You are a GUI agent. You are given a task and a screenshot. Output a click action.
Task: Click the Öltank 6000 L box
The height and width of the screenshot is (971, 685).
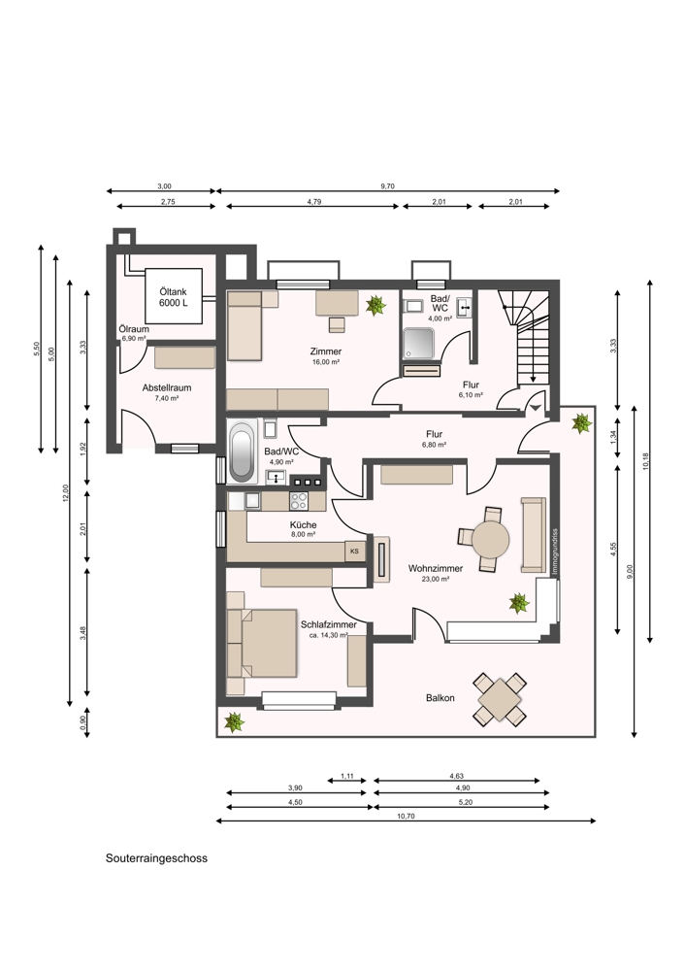pyautogui.click(x=174, y=296)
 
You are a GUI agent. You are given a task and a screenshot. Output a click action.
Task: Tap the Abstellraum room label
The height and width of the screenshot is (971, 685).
pyautogui.click(x=167, y=387)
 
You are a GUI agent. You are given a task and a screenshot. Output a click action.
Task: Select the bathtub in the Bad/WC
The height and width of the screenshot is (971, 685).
pyautogui.click(x=242, y=452)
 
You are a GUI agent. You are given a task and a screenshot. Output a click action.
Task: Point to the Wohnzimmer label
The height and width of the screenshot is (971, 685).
pyautogui.click(x=436, y=568)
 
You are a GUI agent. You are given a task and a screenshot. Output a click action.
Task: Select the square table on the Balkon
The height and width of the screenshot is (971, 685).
pyautogui.click(x=500, y=698)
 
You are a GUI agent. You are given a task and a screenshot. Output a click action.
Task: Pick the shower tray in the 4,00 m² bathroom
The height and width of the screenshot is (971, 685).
pyautogui.click(x=420, y=343)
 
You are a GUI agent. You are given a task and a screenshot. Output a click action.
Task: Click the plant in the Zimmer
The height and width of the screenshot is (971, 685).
pyautogui.click(x=375, y=305)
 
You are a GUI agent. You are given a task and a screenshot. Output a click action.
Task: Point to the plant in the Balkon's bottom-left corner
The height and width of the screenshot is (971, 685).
pyautogui.click(x=234, y=721)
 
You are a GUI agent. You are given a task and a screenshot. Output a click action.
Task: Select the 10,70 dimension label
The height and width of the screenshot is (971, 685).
pyautogui.click(x=406, y=816)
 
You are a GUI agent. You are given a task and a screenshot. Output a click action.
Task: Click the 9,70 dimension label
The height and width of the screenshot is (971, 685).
pyautogui.click(x=387, y=185)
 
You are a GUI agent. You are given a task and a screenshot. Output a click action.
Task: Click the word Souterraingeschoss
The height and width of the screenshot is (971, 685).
pyautogui.click(x=156, y=858)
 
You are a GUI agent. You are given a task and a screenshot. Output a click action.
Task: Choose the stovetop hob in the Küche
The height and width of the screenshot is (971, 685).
pyautogui.click(x=299, y=500)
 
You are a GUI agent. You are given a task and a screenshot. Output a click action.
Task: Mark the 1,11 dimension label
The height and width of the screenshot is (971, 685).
pyautogui.click(x=347, y=775)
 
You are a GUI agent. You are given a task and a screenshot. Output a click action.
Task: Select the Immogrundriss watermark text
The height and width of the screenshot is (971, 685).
pyautogui.click(x=555, y=552)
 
